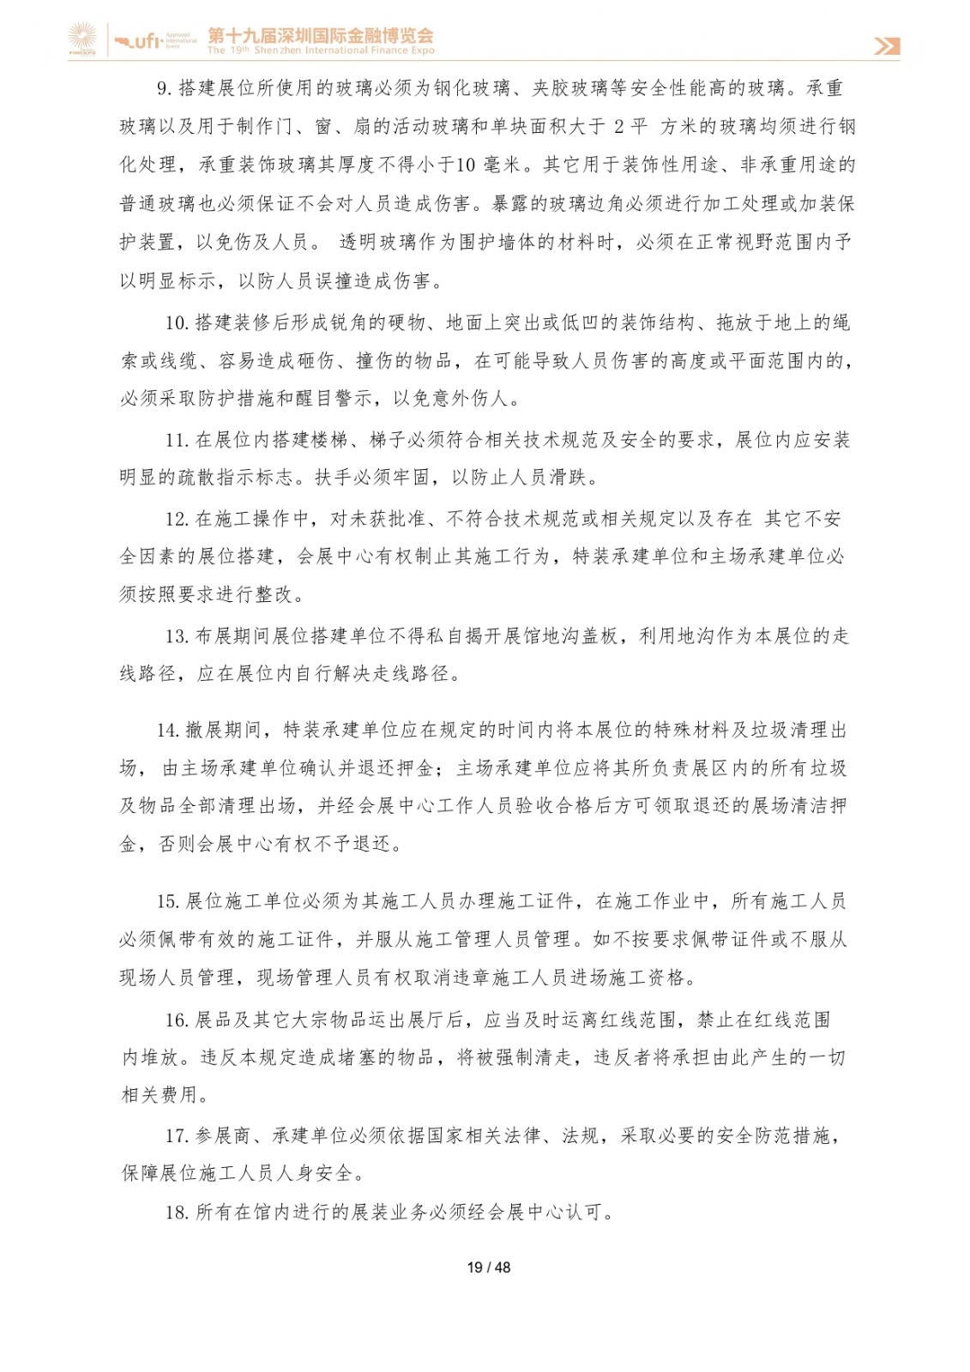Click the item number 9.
coord(164,88)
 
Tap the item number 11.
coord(177,441)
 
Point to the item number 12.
coord(177,519)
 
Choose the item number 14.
coord(167,731)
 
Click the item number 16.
coord(177,1020)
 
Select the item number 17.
coord(177,1137)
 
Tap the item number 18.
coord(177,1213)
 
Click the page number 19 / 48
coord(488,1267)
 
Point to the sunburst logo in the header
coord(83,39)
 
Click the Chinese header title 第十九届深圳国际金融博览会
coord(321,35)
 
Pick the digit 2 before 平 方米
coord(619,127)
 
